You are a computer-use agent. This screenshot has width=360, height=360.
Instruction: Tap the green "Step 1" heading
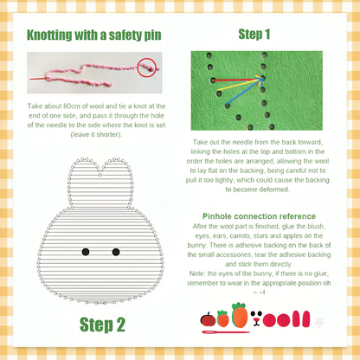click(254, 35)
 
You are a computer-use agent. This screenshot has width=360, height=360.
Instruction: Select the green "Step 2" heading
click(103, 325)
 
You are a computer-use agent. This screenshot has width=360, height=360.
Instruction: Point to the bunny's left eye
click(85, 252)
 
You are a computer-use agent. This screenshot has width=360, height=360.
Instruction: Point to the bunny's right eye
click(115, 252)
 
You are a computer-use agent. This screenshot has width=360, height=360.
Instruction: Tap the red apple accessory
click(208, 320)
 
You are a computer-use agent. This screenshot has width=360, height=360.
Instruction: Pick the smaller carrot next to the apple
click(223, 319)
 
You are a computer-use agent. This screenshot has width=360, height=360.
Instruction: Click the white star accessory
click(319, 321)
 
